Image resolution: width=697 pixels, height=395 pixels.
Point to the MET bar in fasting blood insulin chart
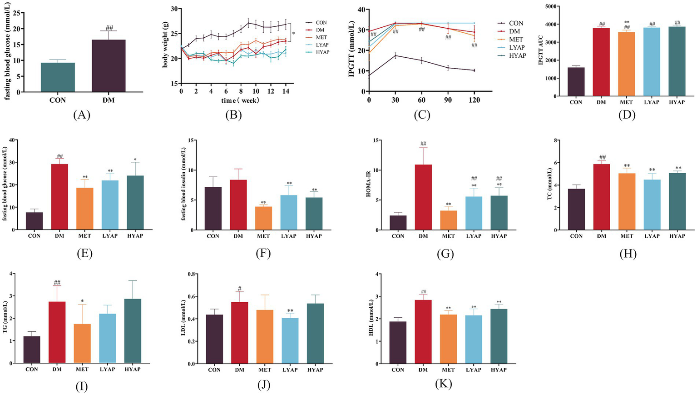point(263,218)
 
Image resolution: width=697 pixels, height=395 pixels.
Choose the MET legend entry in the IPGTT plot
point(516,40)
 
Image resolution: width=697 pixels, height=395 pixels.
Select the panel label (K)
point(443,384)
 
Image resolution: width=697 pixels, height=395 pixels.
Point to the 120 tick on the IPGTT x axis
point(474,100)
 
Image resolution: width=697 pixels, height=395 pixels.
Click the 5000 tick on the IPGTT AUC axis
point(551,6)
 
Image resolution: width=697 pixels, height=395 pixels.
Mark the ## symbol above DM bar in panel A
point(109,27)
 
